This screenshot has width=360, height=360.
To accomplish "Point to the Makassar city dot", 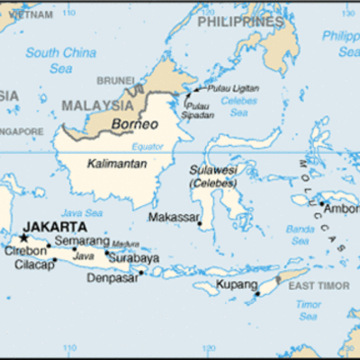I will [200, 225].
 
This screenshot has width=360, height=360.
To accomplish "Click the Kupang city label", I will [232, 285].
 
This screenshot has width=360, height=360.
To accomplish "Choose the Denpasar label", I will [111, 278].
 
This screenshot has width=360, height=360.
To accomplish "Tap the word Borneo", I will [134, 123].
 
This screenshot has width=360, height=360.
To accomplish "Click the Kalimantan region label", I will [117, 163].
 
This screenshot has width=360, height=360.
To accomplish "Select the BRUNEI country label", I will [115, 80].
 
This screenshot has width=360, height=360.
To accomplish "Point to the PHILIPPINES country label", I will [240, 21].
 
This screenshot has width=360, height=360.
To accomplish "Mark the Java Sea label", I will [84, 213].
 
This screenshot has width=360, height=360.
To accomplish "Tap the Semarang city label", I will [82, 240].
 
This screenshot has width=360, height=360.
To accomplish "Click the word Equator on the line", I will [148, 146].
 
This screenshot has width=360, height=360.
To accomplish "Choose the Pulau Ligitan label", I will [233, 88].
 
